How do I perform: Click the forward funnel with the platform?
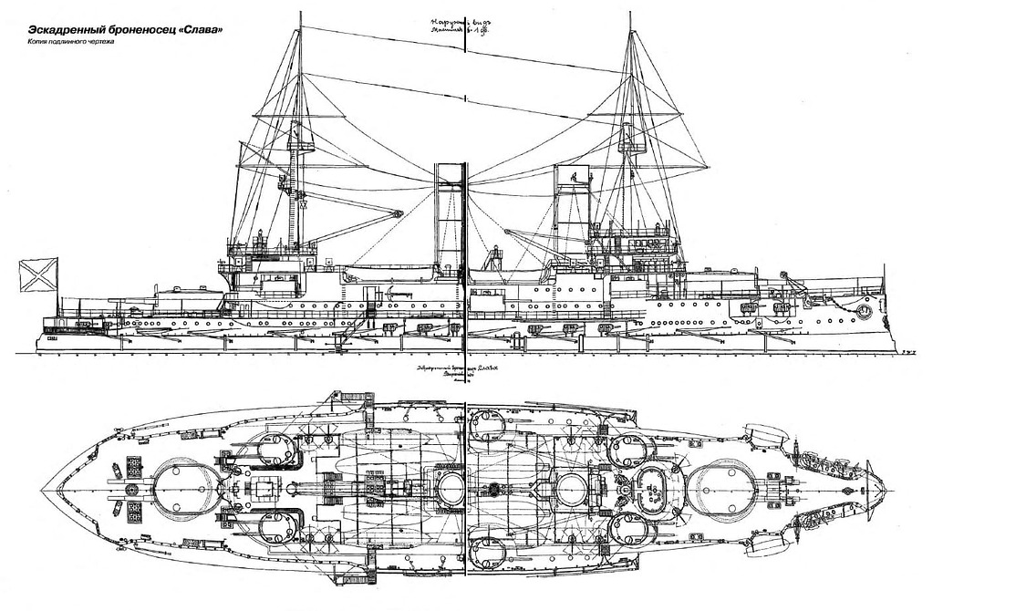pos(572,219)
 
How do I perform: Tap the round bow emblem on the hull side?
pos(862,311)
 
